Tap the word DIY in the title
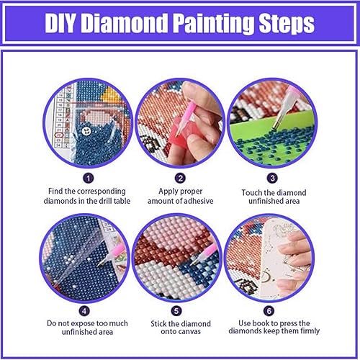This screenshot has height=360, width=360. tap(66, 24)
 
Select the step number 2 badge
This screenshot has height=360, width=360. tap(180, 177)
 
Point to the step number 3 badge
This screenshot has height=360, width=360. tap(271, 177)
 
